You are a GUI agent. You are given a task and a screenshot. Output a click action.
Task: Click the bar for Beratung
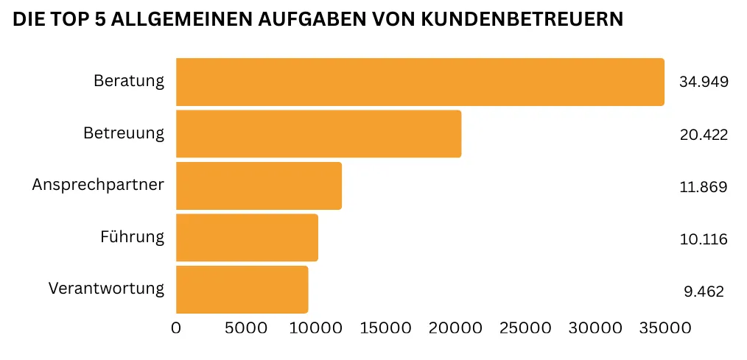tap(420, 82)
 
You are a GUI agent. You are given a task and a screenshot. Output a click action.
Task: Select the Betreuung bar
tap(318, 134)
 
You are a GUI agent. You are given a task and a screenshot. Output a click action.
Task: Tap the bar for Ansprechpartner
tap(259, 186)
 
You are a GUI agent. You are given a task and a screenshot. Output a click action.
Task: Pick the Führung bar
tap(247, 238)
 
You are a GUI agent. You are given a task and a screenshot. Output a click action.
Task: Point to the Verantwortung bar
tap(242, 289)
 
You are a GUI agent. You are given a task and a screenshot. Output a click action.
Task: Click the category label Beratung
tap(129, 81)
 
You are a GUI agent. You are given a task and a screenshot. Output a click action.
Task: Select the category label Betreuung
tap(124, 133)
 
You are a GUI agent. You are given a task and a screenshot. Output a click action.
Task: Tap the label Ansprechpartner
tap(98, 185)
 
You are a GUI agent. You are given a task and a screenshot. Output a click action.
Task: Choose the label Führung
tap(132, 237)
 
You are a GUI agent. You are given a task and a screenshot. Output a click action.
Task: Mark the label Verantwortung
tap(106, 288)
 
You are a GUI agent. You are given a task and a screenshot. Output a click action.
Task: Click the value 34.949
tap(704, 82)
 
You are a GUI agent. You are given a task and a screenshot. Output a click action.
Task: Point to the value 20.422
tap(704, 134)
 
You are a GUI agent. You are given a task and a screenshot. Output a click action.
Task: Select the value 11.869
tap(704, 187)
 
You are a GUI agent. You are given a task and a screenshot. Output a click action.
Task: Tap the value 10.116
tap(704, 239)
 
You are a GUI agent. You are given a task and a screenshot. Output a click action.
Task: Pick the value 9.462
tap(704, 292)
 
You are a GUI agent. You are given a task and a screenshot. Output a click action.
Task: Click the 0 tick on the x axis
tap(176, 328)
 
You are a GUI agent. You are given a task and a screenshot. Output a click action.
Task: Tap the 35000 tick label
tap(666, 328)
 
